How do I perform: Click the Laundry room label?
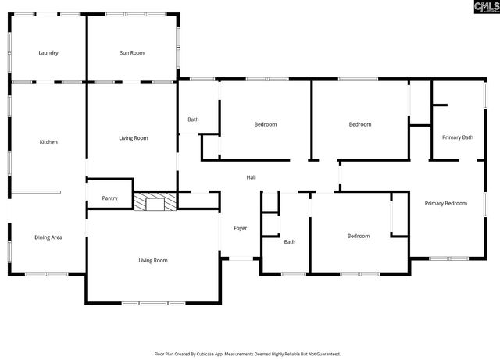tap(48, 53)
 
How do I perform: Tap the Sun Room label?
tap(131, 53)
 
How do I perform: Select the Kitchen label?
tap(48, 142)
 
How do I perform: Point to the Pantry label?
tap(109, 198)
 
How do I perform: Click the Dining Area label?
tap(48, 237)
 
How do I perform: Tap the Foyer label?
tap(240, 228)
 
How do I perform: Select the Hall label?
tap(251, 177)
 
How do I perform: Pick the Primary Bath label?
tap(457, 137)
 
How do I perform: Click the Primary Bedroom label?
tap(445, 203)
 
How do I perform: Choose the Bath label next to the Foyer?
tap(289, 242)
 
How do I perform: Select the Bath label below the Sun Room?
tap(193, 119)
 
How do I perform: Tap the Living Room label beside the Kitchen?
tap(133, 138)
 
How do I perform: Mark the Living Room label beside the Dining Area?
tap(153, 260)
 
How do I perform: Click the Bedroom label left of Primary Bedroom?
tap(358, 236)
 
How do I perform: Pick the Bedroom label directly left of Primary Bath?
tap(359, 124)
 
